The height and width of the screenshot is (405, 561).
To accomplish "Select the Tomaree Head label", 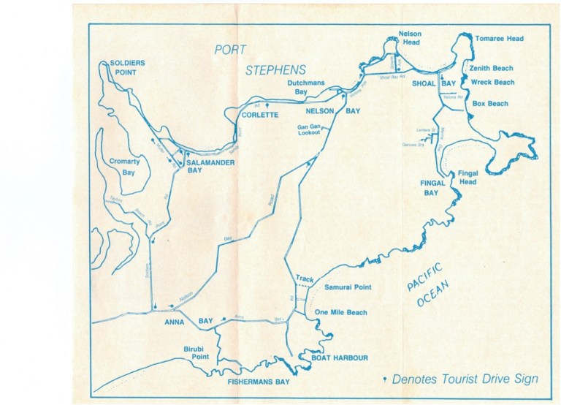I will tap(499, 38).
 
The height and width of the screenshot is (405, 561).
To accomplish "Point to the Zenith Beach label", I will tap(492, 68).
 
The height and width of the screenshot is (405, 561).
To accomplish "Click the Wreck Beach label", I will tap(492, 82).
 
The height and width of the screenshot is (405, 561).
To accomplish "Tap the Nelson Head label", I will tap(409, 38).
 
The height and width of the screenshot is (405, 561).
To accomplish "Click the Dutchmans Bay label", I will tap(306, 88).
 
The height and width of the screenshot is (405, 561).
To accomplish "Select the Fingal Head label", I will tap(467, 177).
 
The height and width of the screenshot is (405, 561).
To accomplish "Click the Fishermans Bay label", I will tap(258, 382).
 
